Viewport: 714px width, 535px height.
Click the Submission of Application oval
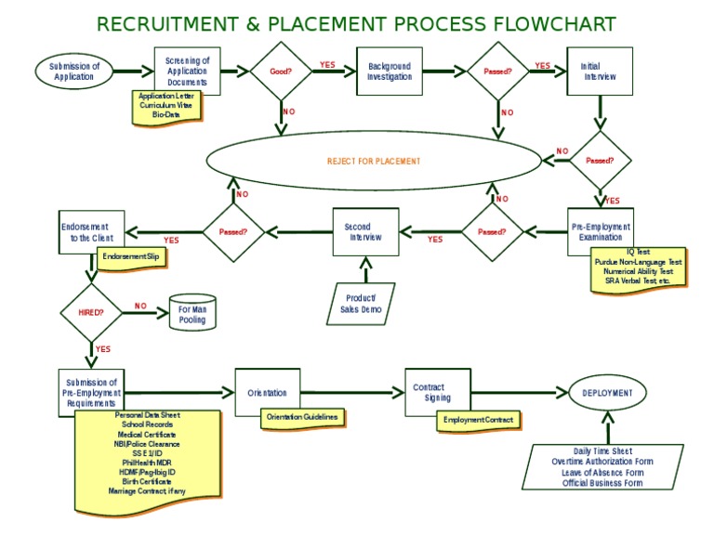(x=73, y=71)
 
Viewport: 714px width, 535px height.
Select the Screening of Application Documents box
(x=187, y=71)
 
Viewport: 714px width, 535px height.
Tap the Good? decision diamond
(x=280, y=71)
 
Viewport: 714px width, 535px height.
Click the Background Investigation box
(x=389, y=71)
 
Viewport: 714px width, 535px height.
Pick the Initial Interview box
(x=599, y=71)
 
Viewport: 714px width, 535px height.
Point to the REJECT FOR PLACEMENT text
(x=373, y=161)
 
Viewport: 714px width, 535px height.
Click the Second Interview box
(x=365, y=231)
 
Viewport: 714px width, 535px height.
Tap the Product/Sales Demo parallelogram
(x=361, y=304)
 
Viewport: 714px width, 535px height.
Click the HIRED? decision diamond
(x=90, y=313)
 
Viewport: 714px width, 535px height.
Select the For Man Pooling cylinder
(x=192, y=314)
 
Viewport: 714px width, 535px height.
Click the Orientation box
(x=267, y=393)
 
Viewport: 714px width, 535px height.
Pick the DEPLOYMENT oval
(x=606, y=393)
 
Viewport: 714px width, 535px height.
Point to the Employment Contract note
(x=477, y=421)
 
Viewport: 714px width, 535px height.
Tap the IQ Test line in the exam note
(x=638, y=253)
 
